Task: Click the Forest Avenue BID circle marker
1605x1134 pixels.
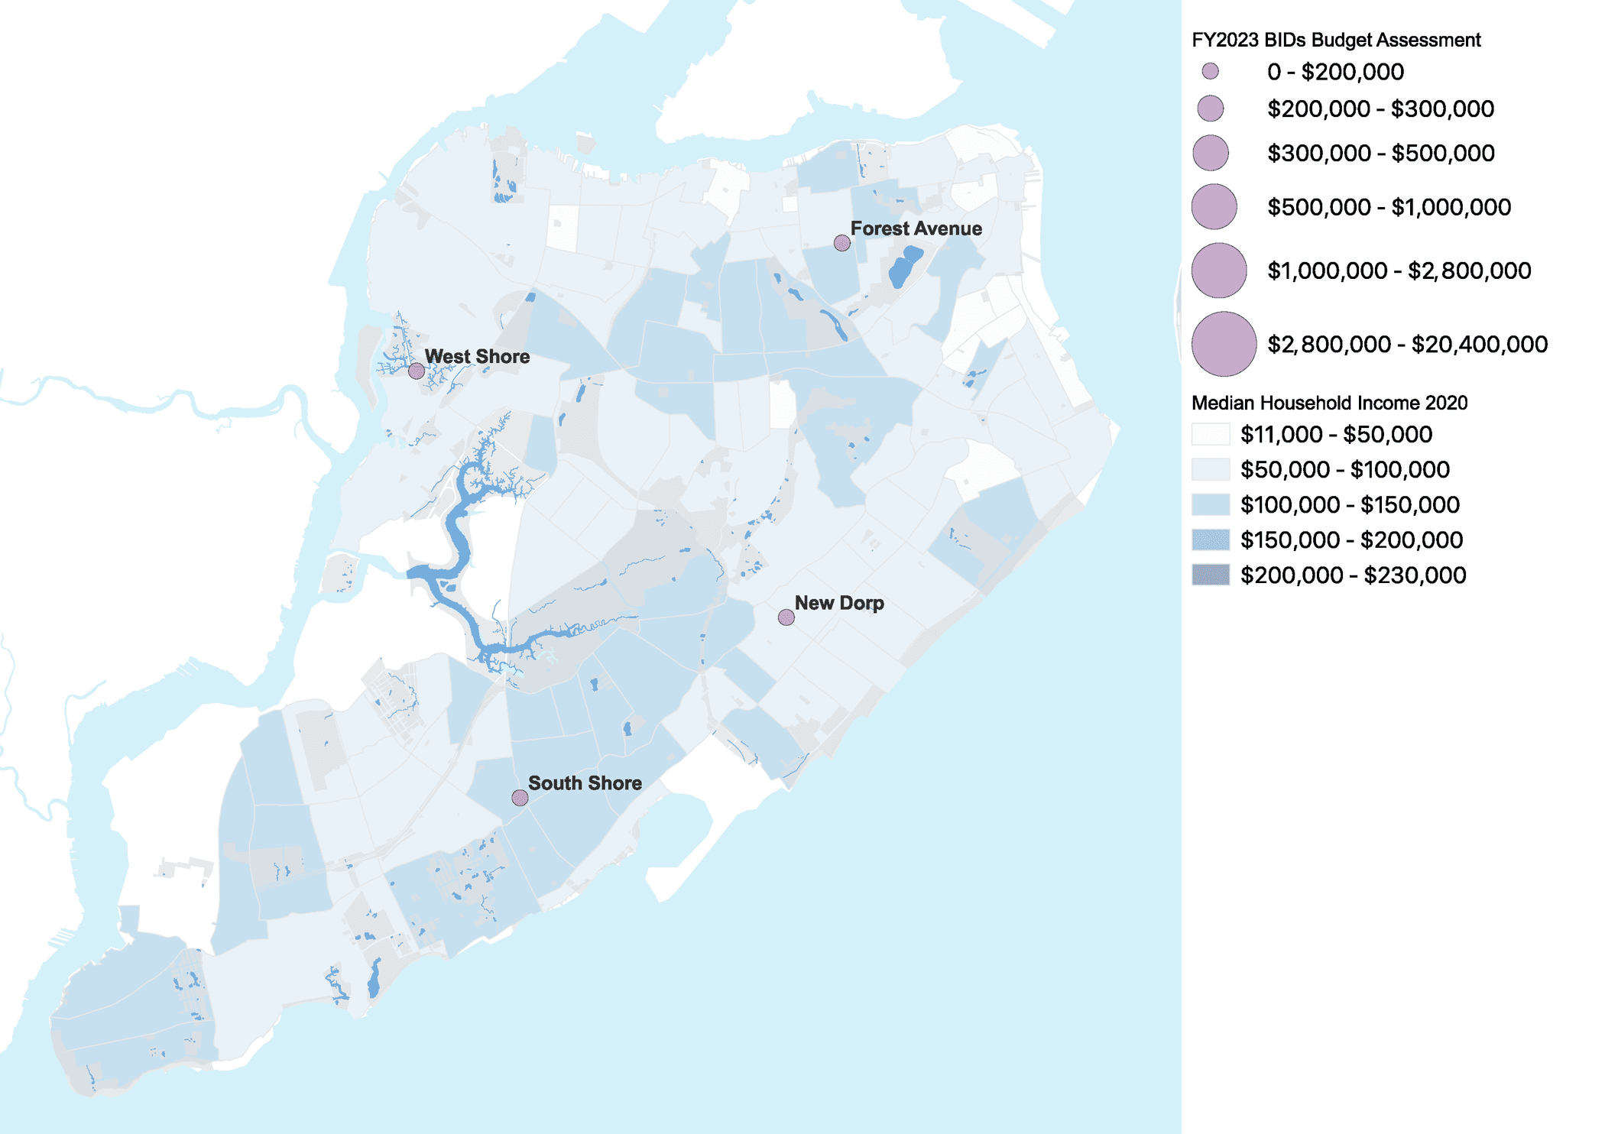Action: [841, 243]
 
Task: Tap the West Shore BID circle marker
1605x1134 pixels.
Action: [417, 371]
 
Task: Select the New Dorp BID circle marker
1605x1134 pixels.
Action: [786, 617]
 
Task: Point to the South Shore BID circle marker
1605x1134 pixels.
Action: [520, 798]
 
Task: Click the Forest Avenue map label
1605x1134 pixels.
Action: [916, 228]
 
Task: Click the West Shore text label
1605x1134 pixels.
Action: [477, 356]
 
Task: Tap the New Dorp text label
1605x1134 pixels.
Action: [839, 603]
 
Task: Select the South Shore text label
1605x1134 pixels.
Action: [585, 783]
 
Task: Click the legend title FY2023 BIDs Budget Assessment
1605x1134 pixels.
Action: [1335, 40]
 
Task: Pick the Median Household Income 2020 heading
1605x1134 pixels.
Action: [1329, 403]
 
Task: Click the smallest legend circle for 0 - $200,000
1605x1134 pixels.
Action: [1210, 72]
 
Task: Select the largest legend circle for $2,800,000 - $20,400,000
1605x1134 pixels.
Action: [1224, 344]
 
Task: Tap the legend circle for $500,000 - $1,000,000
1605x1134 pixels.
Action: [1214, 206]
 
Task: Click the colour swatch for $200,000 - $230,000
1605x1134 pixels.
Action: [1211, 575]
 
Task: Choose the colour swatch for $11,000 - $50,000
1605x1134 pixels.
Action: [1211, 434]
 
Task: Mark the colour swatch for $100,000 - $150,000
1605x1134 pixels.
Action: [1211, 504]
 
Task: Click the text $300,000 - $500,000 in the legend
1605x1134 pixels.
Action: [1380, 153]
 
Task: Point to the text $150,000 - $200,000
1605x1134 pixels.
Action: [1351, 539]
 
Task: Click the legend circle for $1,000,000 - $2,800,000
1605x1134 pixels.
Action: [1218, 271]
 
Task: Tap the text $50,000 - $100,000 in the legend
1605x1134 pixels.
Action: [1344, 469]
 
